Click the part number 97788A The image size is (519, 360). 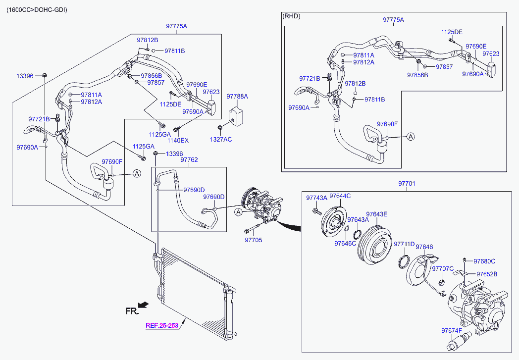coord(237,96)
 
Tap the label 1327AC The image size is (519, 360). coord(221,140)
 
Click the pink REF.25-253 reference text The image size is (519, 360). coord(162,326)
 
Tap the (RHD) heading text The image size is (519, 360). coord(292,16)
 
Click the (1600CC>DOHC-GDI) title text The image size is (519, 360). coord(37,10)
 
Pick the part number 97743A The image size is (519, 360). coord(316,198)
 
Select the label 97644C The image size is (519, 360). coord(340,196)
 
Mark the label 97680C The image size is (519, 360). coord(484,261)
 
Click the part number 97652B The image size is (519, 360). coord(487,274)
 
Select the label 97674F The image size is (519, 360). coord(451,330)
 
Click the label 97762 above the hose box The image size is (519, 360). coord(189,160)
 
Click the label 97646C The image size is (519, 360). coord(345,243)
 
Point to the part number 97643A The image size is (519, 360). coord(358,219)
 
